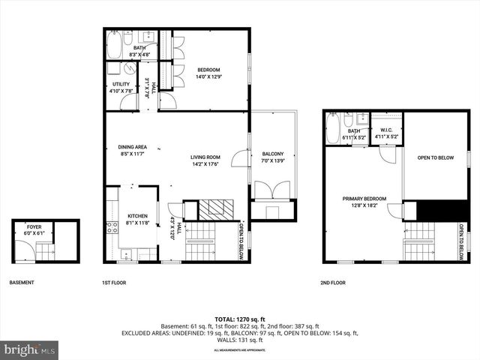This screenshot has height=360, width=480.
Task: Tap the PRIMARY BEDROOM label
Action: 364,199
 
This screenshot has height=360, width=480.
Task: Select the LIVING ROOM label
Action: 204,157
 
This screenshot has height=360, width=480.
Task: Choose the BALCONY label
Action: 273,153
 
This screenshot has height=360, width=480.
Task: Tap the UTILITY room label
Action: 121,84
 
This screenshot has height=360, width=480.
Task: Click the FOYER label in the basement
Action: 34,226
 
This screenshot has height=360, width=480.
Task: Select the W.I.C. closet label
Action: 386,130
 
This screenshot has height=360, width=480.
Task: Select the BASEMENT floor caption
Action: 22,283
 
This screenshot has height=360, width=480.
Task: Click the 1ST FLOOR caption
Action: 115,283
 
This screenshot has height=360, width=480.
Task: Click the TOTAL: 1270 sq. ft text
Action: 239,318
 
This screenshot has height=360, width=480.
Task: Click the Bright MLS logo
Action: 30,349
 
